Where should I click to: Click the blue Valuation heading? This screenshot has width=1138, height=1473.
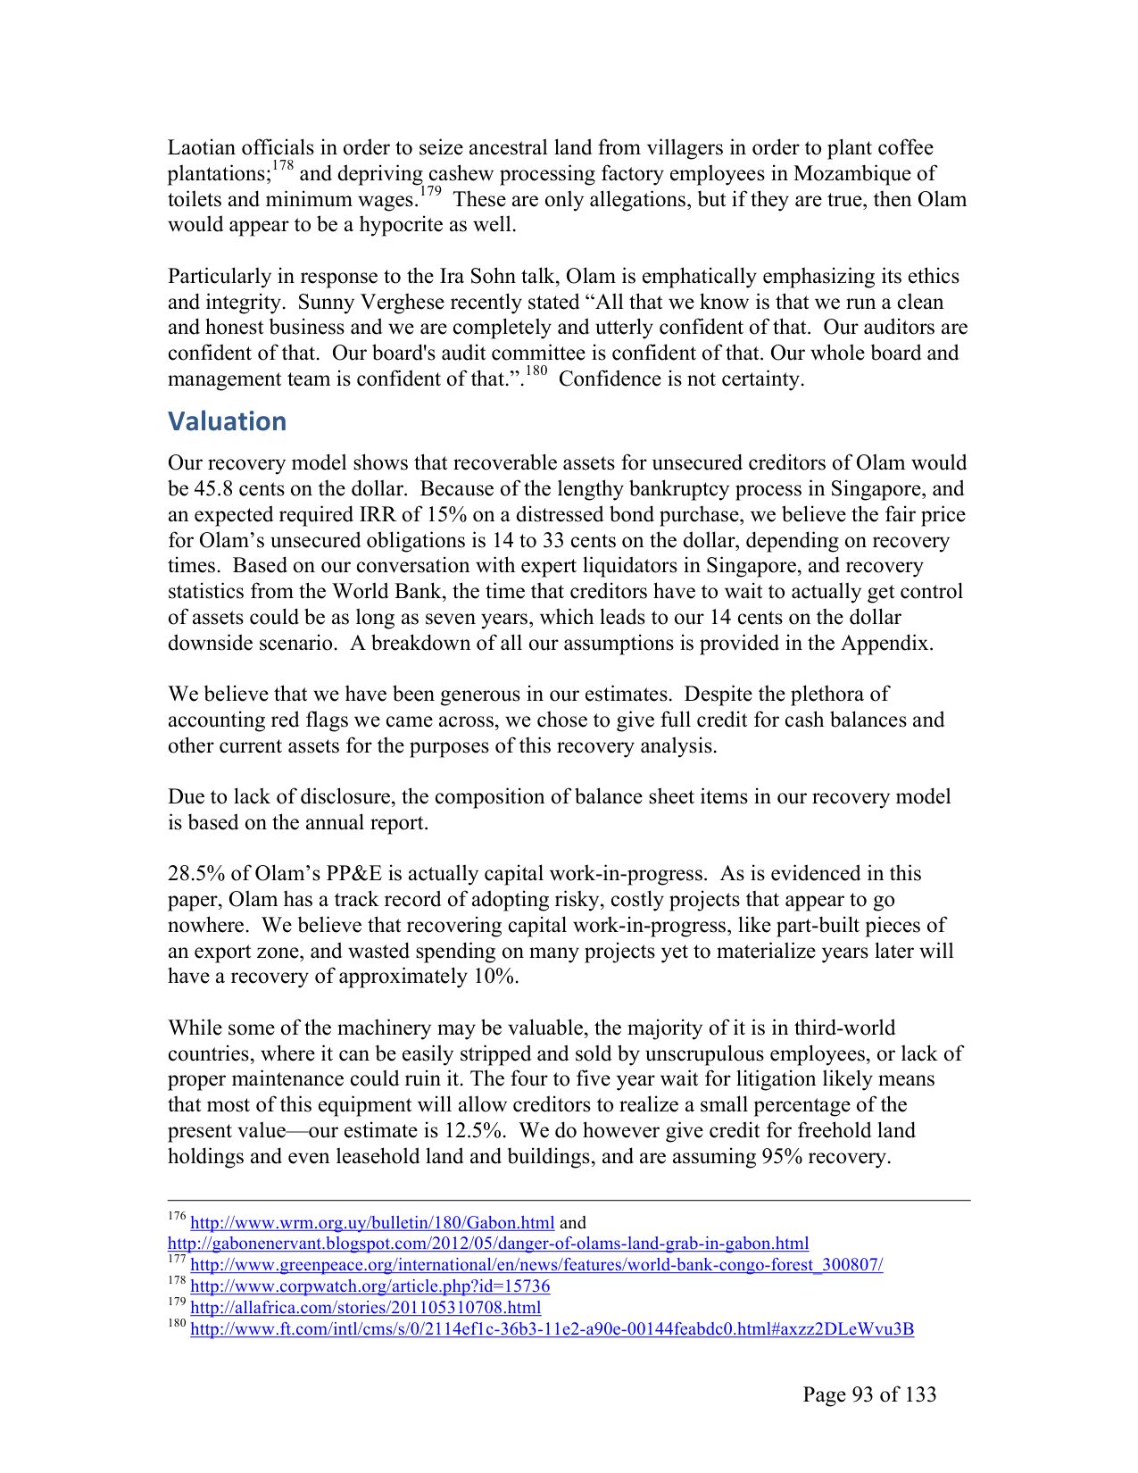coord(228,421)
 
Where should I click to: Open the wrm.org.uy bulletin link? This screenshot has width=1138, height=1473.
coord(372,1222)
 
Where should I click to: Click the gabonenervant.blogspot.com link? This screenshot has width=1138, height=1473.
coord(488,1244)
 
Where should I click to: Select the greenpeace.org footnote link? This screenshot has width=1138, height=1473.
coord(536,1265)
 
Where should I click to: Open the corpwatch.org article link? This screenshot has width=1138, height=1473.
coord(370,1286)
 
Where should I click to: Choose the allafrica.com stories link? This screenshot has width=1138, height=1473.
coord(366,1308)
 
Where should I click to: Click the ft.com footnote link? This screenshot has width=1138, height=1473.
coord(552,1329)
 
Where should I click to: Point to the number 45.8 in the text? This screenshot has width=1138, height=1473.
coord(212,489)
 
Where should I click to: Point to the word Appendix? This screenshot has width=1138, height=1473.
coord(886,644)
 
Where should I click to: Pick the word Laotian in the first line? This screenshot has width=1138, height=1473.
coord(202,148)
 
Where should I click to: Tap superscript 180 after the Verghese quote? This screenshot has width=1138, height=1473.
coord(536,371)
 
